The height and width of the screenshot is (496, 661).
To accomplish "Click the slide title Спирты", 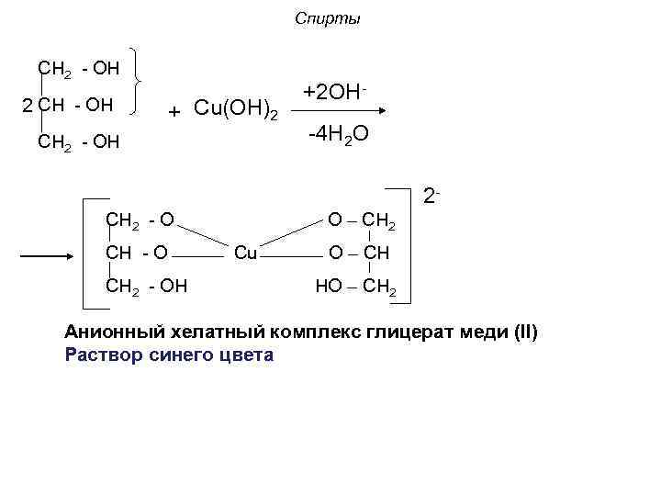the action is pyautogui.click(x=329, y=19).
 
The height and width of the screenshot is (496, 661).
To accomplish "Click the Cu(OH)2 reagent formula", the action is pyautogui.click(x=234, y=110).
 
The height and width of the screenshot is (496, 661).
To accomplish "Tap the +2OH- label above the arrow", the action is pyautogui.click(x=336, y=93).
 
